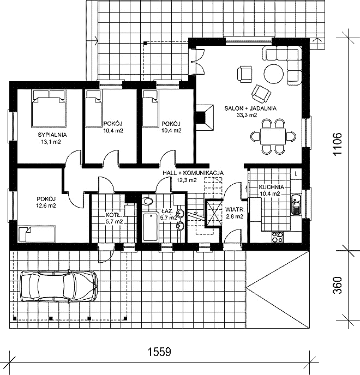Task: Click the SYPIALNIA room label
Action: tap(52, 135)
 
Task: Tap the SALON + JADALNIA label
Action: tap(250, 108)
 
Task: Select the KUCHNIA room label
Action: tap(272, 187)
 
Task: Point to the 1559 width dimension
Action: tap(159, 352)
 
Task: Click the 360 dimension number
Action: tap(338, 285)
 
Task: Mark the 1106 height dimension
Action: tap(338, 144)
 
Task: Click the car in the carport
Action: tap(59, 286)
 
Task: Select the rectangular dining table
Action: tap(273, 136)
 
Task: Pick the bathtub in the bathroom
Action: tap(150, 227)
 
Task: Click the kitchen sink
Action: tap(296, 204)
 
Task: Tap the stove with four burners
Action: tap(278, 237)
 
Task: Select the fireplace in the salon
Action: tap(205, 117)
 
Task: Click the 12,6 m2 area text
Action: tap(46, 205)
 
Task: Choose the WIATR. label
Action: tap(235, 210)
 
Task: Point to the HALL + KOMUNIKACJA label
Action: tap(193, 173)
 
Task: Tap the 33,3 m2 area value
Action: tap(247, 115)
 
